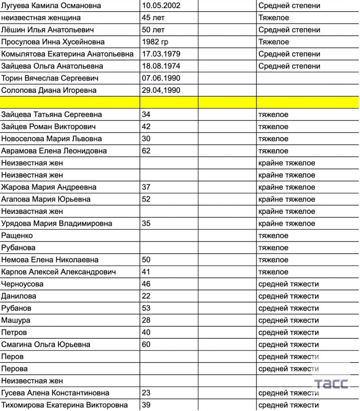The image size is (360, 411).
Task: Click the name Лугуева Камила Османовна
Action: pos(51,6)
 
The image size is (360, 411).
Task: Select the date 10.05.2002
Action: pos(161,6)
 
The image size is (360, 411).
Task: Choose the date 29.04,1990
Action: pos(161,90)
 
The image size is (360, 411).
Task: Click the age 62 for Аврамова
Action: pos(146,151)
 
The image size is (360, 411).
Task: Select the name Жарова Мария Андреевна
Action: pos(49,187)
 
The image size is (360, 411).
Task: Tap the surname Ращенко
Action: pos(17,236)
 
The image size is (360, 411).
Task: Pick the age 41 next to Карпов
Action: pos(146,272)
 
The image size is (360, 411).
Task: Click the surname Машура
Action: pos(16,320)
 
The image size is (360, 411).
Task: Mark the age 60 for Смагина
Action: pos(146,344)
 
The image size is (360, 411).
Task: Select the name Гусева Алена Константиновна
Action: pos(55,393)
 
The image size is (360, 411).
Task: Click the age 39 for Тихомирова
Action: pos(146,405)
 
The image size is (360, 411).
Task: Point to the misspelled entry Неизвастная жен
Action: pos(32,212)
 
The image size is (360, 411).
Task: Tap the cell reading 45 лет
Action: pos(153,18)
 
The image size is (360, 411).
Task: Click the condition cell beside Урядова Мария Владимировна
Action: pos(287,224)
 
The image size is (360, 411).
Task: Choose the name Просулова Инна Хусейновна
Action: pos(53,42)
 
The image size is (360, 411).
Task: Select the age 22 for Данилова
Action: pos(146,296)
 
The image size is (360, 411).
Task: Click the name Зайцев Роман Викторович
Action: pos(49,127)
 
